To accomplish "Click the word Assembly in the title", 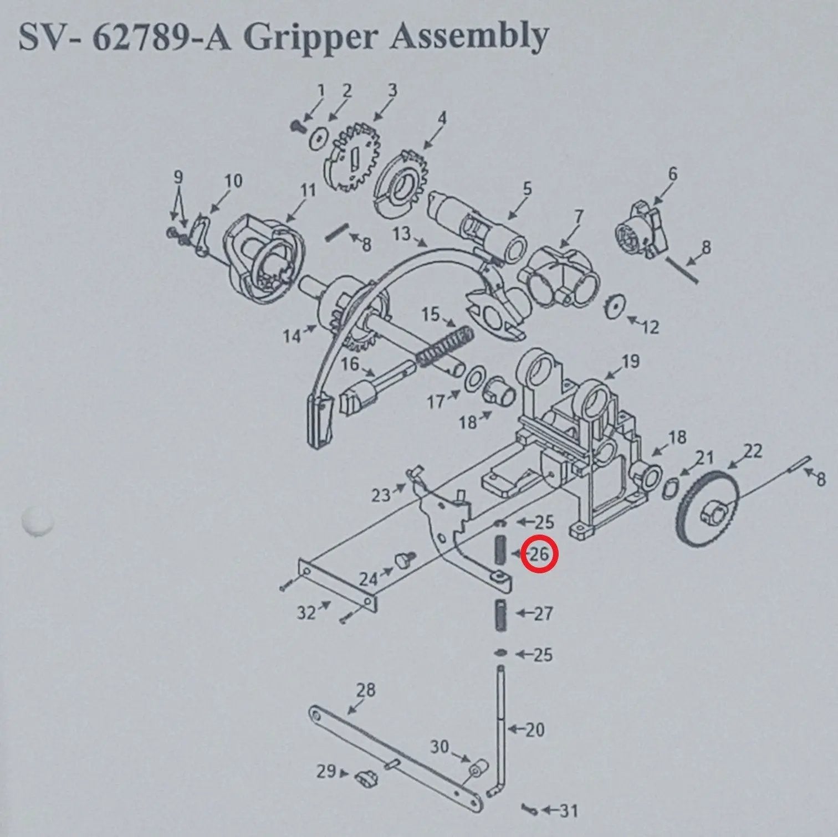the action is (x=468, y=37).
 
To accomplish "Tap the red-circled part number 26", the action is (x=539, y=553).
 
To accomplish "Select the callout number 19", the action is (x=630, y=362).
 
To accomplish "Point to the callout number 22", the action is (x=753, y=451).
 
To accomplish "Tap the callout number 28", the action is (x=365, y=690).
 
